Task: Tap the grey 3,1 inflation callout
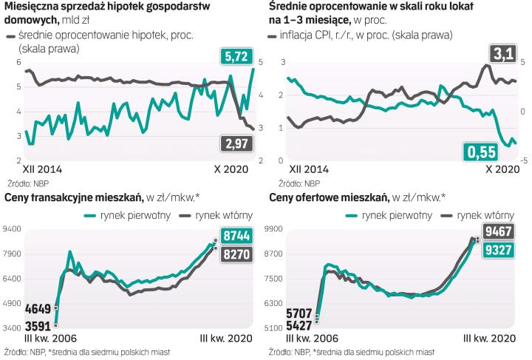coord(502,53)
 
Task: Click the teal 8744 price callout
coord(235,237)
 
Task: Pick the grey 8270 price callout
coord(235,254)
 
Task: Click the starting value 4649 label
coord(38,309)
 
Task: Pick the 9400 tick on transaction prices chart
coord(13,230)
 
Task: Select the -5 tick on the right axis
coord(524,160)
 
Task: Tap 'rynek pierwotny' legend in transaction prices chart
coord(129,215)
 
